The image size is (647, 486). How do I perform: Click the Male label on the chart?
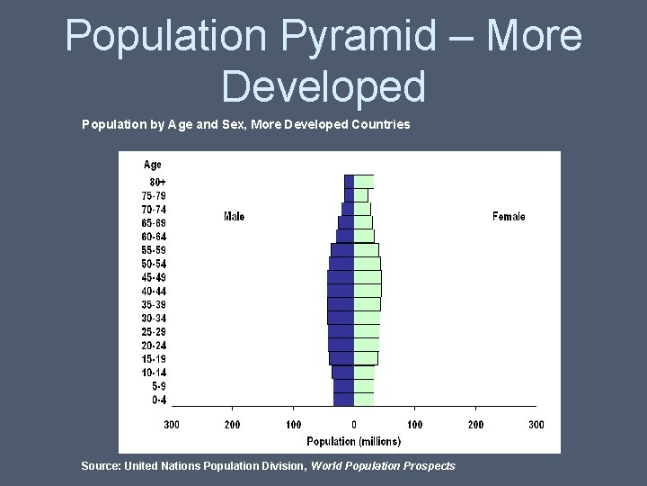pos(234,216)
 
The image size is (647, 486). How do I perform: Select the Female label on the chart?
pos(509,216)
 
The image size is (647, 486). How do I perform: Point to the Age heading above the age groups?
pos(153,165)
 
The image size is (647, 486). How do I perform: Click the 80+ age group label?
pos(158,182)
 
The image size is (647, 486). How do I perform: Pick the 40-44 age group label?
pos(154,291)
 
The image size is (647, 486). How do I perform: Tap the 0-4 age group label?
pos(158,400)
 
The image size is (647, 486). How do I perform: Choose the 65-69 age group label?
pos(154,222)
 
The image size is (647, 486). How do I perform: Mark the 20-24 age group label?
pos(154,345)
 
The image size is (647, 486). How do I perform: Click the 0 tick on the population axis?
pos(354,424)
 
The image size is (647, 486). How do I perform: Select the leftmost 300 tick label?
pos(172,424)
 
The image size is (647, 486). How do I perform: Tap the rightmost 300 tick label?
pos(536,424)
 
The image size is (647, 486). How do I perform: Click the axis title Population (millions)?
pos(354,441)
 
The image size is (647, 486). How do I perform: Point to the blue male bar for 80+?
pos(349,181)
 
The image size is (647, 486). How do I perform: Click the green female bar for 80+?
pos(364,181)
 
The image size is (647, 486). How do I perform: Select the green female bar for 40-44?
pos(368,291)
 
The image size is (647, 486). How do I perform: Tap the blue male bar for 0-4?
pos(343,400)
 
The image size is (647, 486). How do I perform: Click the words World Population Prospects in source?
pos(383,465)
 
